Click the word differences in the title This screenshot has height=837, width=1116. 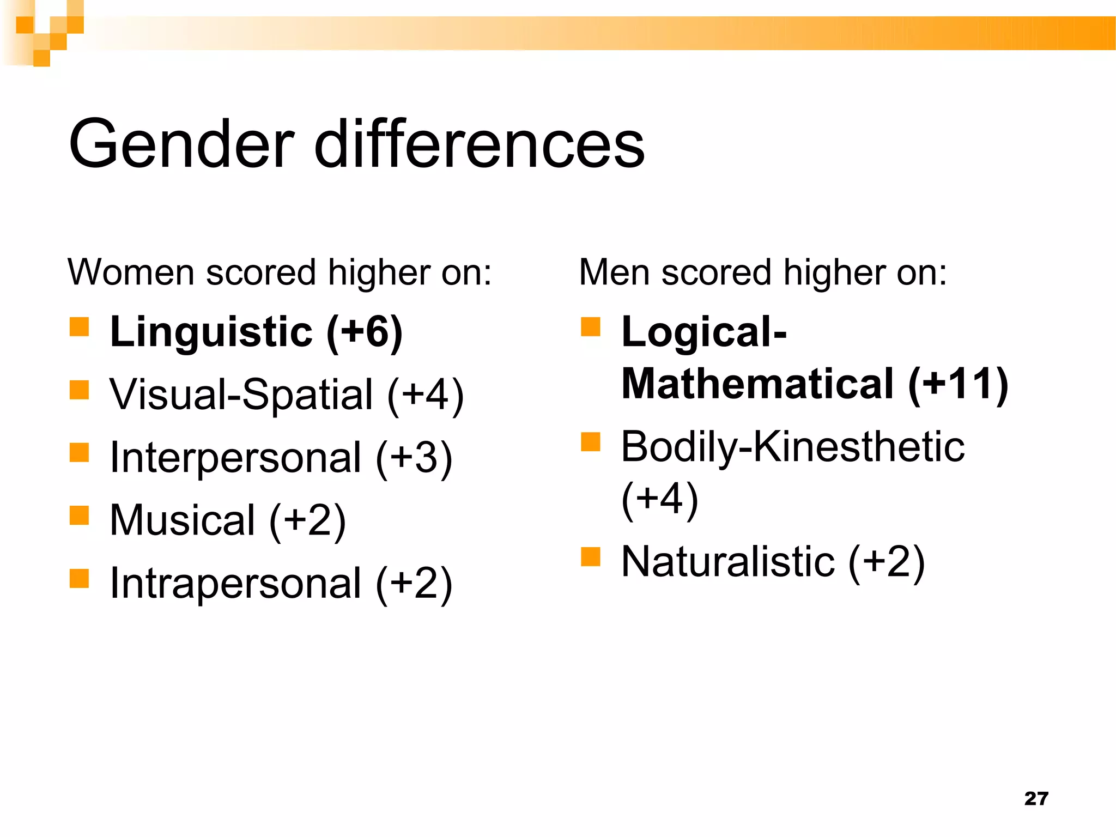click(480, 144)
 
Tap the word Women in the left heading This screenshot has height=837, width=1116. click(131, 272)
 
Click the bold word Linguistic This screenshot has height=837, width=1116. click(211, 332)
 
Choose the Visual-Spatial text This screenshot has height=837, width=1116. click(241, 395)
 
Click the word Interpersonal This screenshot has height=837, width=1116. click(235, 458)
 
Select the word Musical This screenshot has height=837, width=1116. click(183, 520)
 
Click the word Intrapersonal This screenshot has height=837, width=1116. click(235, 584)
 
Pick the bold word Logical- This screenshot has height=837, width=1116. click(704, 332)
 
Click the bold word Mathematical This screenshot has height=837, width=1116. click(757, 384)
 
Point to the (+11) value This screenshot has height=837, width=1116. click(958, 384)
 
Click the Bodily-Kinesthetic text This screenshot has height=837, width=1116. click(793, 447)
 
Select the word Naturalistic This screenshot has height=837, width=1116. click(728, 562)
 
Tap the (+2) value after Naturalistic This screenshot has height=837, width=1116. click(887, 562)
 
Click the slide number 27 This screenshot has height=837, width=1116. click(1036, 799)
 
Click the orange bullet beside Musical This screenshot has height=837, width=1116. click(80, 515)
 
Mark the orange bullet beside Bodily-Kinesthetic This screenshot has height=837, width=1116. click(591, 442)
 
